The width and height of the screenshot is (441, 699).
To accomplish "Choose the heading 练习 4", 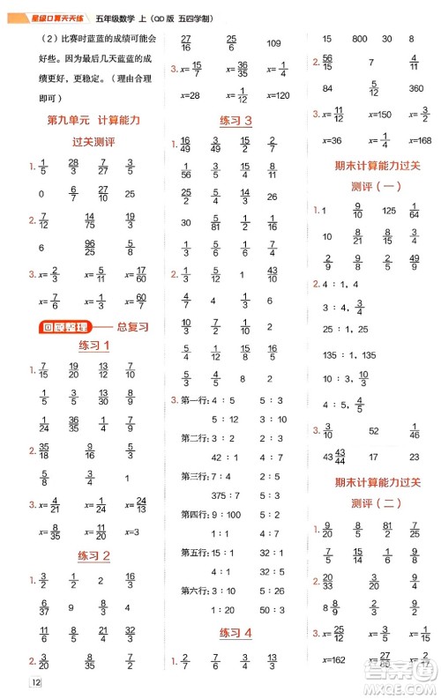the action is [x=235, y=632].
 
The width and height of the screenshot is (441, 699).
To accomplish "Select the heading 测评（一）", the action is [x=376, y=186].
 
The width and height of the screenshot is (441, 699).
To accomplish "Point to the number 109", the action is [x=273, y=43].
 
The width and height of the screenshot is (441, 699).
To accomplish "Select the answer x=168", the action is [x=417, y=140].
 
